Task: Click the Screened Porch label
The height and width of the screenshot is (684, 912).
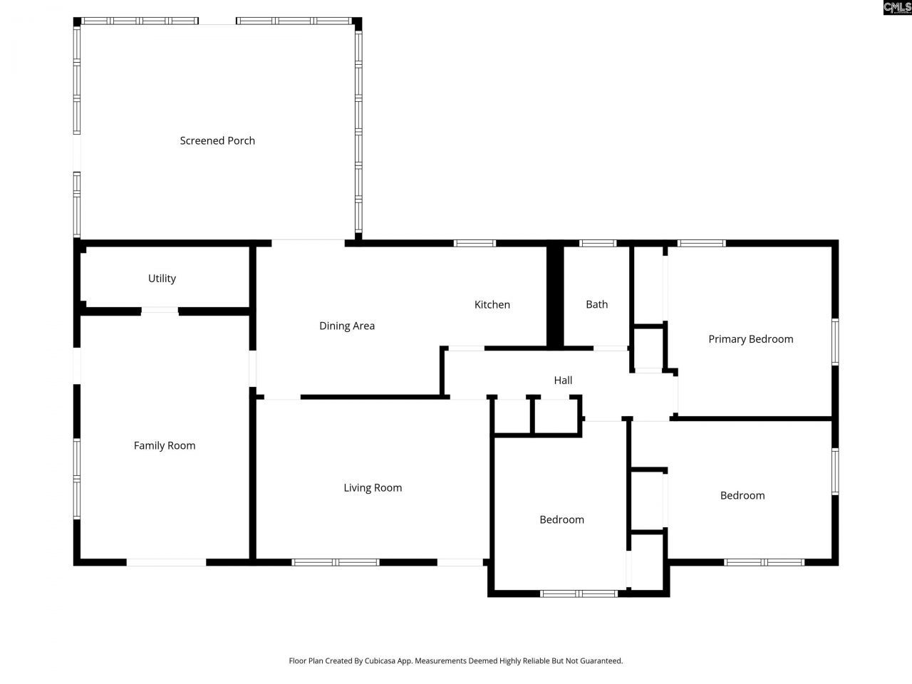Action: click(x=217, y=141)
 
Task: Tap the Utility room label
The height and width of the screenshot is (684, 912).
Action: click(x=162, y=279)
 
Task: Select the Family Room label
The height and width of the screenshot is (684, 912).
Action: click(x=165, y=446)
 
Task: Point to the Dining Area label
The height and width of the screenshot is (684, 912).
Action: click(x=347, y=326)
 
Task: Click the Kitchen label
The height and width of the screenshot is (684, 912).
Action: click(x=492, y=305)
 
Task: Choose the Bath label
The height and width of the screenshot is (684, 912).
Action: click(x=597, y=305)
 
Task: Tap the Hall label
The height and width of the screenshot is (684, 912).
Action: click(x=563, y=380)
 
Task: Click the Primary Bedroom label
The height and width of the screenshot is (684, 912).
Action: click(x=750, y=339)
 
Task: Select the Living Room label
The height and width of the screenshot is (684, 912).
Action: click(x=373, y=488)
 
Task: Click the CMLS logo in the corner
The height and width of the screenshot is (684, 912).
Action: click(x=896, y=8)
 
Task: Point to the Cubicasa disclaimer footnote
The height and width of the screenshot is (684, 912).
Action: click(x=455, y=661)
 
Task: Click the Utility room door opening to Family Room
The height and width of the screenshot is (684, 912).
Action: click(x=160, y=311)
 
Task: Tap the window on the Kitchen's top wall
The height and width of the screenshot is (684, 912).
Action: click(x=475, y=244)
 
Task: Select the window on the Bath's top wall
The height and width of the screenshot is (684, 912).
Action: click(x=598, y=244)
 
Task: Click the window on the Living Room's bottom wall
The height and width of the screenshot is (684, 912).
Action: click(x=336, y=562)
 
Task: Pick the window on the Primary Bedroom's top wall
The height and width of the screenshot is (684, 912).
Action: click(x=702, y=244)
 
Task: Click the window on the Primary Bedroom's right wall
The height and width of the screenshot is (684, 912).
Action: click(x=835, y=342)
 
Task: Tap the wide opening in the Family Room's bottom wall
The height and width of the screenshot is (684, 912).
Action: click(x=166, y=562)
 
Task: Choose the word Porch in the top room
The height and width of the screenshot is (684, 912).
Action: click(x=242, y=141)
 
